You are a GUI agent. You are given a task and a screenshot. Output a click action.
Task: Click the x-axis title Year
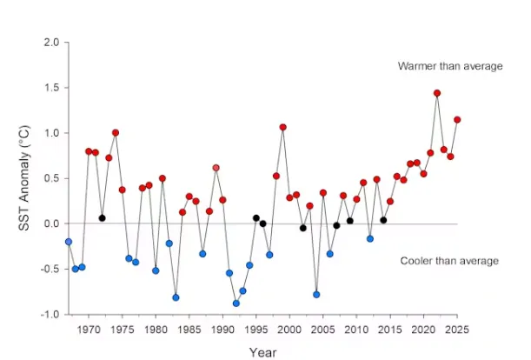262,353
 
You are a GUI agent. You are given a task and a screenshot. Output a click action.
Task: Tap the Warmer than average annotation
449,66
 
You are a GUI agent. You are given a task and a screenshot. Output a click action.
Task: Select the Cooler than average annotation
449,261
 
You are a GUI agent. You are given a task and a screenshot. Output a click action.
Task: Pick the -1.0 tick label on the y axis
50,314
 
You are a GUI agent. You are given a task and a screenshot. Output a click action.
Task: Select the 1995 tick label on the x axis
256,330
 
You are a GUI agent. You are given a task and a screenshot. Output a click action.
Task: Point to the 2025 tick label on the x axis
457,330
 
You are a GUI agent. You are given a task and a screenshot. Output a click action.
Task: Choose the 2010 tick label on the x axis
356,330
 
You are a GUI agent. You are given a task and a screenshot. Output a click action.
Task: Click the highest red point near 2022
437,93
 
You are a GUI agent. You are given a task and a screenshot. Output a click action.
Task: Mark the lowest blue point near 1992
236,303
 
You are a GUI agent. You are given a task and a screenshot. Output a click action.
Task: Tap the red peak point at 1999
283,127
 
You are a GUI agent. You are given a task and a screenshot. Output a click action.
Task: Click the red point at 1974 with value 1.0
116,133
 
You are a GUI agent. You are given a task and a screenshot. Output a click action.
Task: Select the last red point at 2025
457,120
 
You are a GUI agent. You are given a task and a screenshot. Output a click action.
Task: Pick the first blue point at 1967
69,242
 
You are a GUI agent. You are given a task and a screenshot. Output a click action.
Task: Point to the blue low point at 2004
316,295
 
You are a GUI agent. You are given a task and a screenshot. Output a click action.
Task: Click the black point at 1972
103,217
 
